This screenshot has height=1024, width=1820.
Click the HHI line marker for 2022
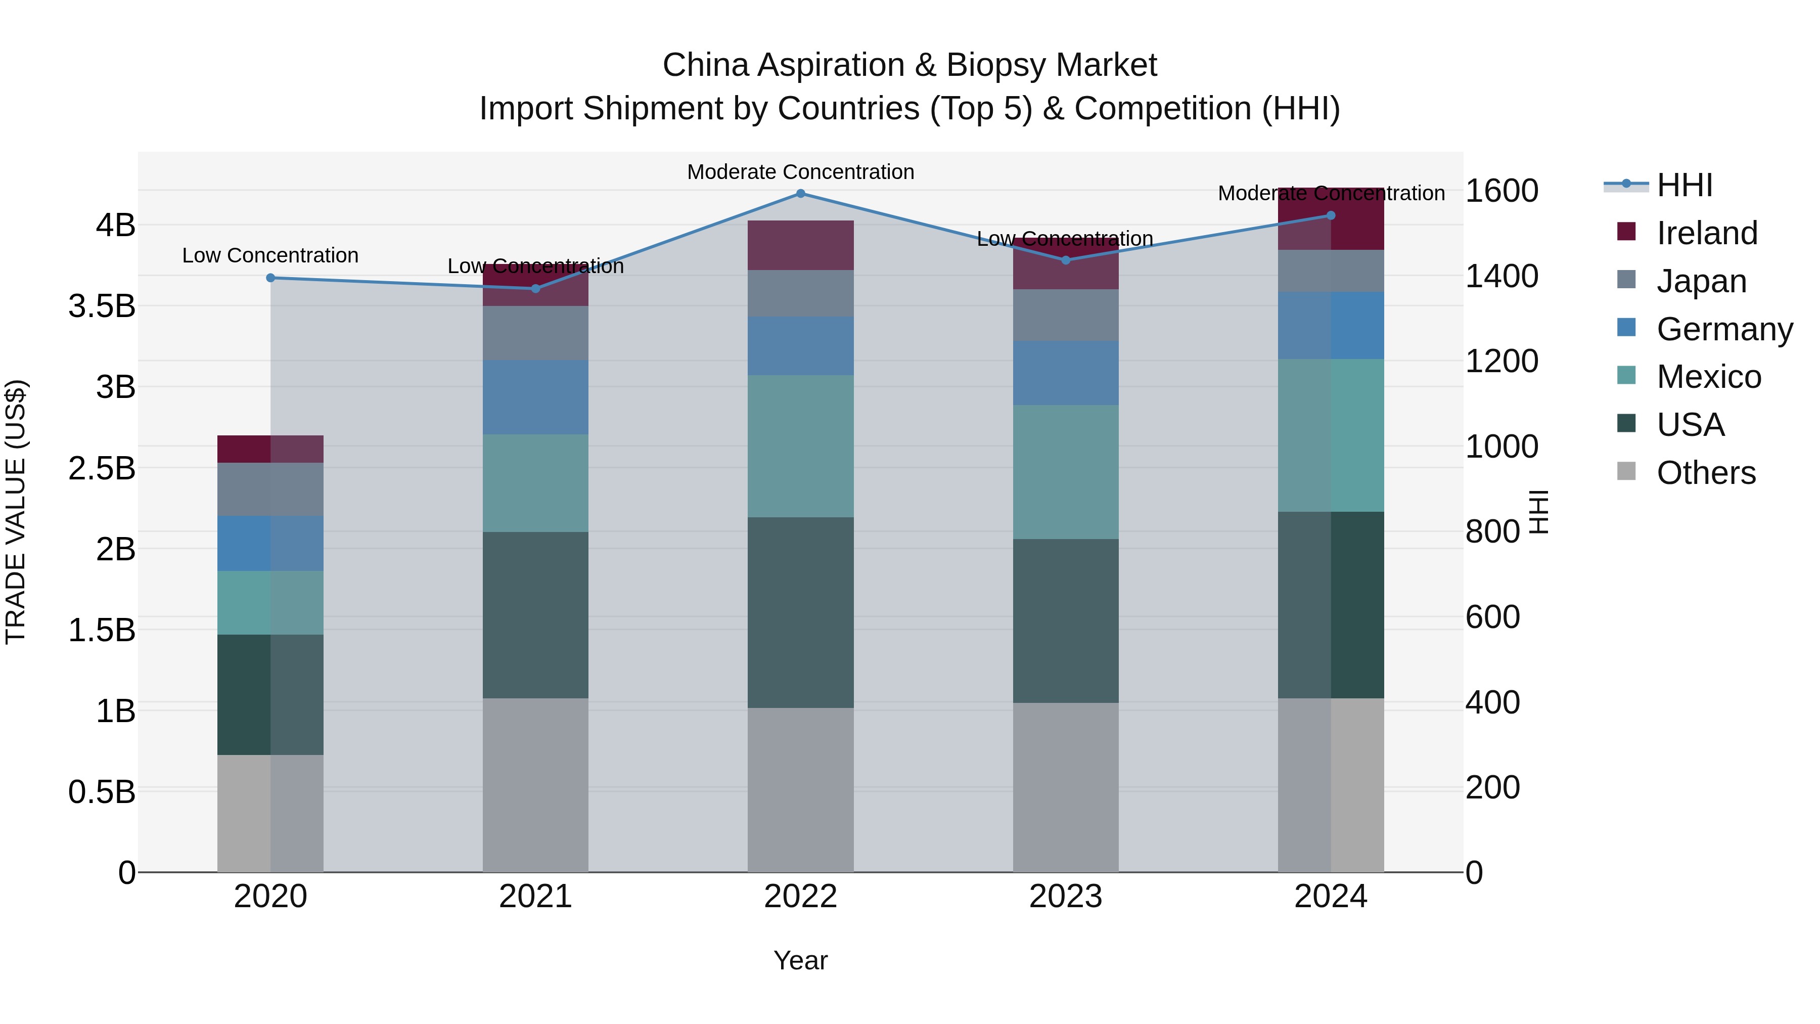[x=800, y=193]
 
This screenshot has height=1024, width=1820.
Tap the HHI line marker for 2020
[x=270, y=278]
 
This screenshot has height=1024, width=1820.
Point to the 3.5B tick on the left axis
[x=102, y=307]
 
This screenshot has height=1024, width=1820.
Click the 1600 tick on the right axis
[x=1501, y=191]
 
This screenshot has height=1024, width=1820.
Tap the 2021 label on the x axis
[x=535, y=897]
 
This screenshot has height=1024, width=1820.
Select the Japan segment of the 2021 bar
[x=535, y=333]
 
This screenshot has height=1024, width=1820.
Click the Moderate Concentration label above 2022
[x=800, y=172]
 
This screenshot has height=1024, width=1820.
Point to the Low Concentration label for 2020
[x=270, y=255]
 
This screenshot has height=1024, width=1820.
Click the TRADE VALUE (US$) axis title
[x=16, y=512]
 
